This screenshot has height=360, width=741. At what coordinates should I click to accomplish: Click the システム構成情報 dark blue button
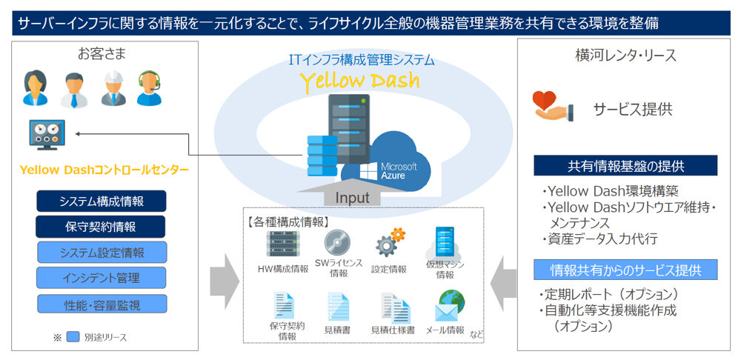click(102, 201)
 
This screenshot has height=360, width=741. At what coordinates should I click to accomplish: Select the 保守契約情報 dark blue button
click(100, 227)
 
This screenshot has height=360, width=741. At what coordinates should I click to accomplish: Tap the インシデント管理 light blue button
click(102, 278)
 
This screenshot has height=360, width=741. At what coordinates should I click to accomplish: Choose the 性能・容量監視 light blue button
click(102, 305)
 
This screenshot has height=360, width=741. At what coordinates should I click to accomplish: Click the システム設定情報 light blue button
click(102, 253)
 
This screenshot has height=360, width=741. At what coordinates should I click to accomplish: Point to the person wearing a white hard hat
click(113, 88)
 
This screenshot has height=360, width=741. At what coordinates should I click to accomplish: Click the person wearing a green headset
click(150, 88)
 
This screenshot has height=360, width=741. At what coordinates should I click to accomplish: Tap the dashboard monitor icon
click(47, 135)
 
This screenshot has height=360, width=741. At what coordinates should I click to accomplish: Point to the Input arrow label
click(352, 198)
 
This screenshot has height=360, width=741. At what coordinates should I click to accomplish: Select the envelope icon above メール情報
click(447, 313)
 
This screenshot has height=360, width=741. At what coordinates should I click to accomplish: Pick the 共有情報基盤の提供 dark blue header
click(625, 166)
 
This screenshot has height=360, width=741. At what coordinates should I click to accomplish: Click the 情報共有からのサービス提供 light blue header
click(625, 270)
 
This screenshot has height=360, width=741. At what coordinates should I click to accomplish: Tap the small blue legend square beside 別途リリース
click(73, 337)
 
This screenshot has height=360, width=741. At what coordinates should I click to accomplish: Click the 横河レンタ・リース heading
click(625, 56)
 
